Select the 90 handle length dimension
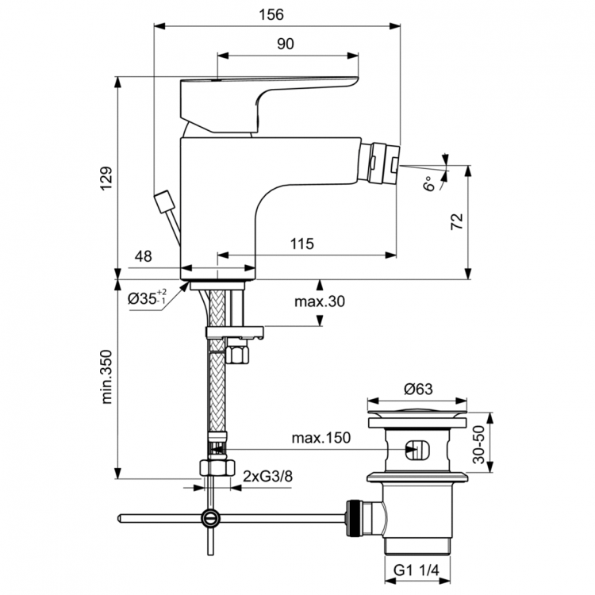tap(286, 44)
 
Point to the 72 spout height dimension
tap(456, 221)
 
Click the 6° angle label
tap(429, 184)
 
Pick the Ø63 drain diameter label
tap(418, 389)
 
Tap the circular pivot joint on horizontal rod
tap(209, 518)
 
